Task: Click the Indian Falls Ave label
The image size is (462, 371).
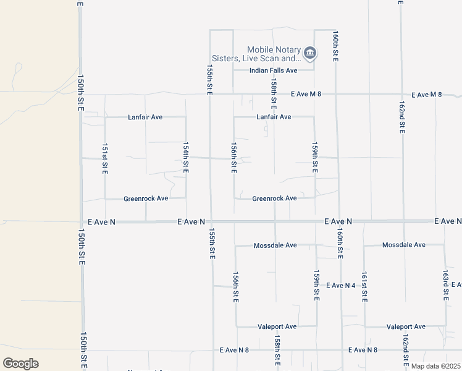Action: [273, 70]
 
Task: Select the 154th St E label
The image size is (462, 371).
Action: [185, 158]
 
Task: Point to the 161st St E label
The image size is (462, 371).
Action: [364, 285]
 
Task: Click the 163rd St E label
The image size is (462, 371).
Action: [445, 285]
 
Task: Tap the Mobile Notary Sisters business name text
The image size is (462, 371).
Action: [274, 54]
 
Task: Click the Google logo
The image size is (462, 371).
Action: [20, 364]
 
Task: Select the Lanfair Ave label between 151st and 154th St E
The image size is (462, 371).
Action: [145, 117]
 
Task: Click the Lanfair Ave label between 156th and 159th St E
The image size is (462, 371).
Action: [274, 117]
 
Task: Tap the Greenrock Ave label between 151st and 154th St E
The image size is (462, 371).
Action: [146, 198]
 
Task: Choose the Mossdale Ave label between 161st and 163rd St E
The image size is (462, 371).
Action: [404, 245]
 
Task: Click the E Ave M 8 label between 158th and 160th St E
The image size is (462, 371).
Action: [306, 94]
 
